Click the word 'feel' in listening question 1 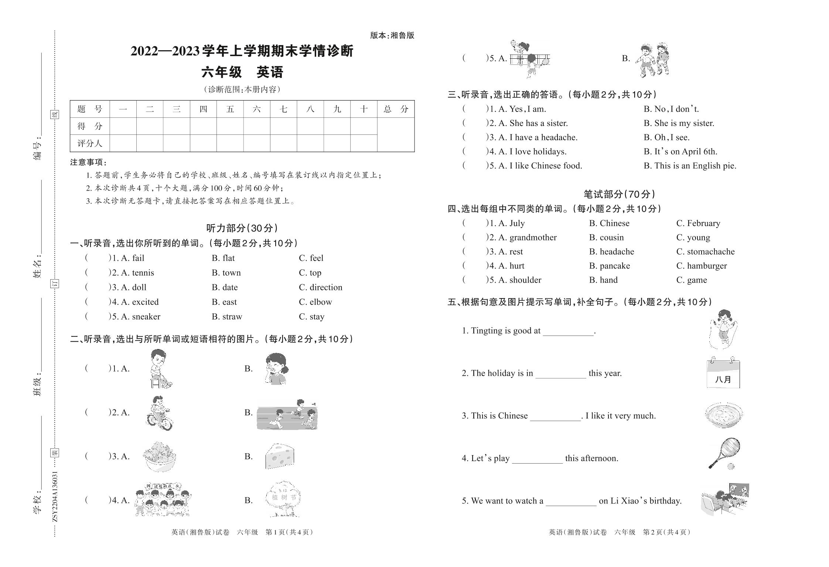pyautogui.click(x=316, y=258)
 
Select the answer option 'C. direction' pyautogui.click(x=320, y=287)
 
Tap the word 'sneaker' pyautogui.click(x=146, y=317)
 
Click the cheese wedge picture pyautogui.click(x=280, y=457)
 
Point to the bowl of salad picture pyautogui.click(x=160, y=457)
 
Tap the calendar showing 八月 pyautogui.click(x=723, y=373)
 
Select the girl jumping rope pyautogui.click(x=723, y=329)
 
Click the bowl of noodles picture pyautogui.click(x=723, y=415)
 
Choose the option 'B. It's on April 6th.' pyautogui.click(x=680, y=151)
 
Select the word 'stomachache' pyautogui.click(x=710, y=252)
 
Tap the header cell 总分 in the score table pyautogui.click(x=395, y=109)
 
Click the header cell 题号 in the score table pyautogui.click(x=89, y=109)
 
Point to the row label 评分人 pyautogui.click(x=89, y=143)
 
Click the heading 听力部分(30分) pyautogui.click(x=242, y=228)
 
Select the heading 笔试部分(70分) pyautogui.click(x=620, y=194)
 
